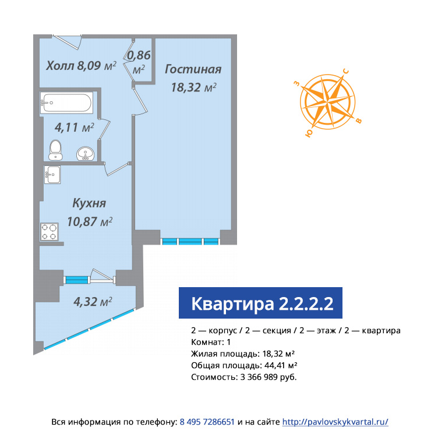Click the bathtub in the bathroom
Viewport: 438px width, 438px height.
point(66,103)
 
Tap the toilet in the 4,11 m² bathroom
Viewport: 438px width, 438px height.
point(55,150)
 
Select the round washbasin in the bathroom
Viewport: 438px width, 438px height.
point(85,153)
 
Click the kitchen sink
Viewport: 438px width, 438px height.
point(52,175)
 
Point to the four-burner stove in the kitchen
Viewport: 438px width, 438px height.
point(50,232)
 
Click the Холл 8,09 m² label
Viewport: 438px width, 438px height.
point(82,66)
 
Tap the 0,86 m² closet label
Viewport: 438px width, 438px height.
point(139,62)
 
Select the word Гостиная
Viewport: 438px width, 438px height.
point(193,69)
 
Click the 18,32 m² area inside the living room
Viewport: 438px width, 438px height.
point(193,87)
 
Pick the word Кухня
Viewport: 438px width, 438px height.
point(89,203)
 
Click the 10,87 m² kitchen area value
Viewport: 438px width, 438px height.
point(90,221)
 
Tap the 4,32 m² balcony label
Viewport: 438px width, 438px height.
point(93,302)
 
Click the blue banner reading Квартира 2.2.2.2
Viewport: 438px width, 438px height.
point(260,303)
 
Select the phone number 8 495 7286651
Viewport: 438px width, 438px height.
point(207,422)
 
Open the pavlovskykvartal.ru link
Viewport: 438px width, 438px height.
point(335,422)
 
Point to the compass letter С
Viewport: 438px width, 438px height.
point(346,71)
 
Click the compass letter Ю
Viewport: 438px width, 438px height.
point(309,133)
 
